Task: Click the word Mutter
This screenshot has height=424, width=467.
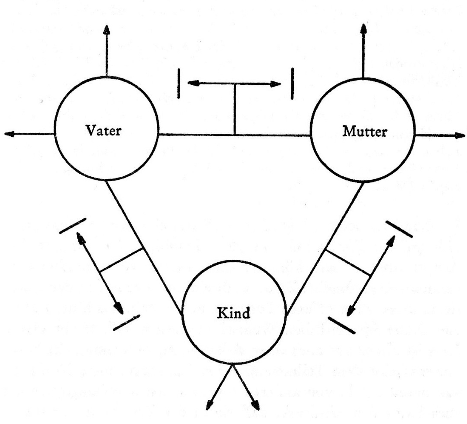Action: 365,131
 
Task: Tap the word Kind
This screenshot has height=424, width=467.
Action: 234,313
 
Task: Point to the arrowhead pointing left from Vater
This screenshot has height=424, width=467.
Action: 9,134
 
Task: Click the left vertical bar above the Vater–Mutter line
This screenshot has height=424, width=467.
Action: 179,83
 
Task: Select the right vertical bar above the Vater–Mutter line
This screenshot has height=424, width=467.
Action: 292,83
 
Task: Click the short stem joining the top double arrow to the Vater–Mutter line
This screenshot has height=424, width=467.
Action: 235,109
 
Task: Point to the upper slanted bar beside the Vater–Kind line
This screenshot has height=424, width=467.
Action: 72,225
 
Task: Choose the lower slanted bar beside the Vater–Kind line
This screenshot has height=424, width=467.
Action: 127,323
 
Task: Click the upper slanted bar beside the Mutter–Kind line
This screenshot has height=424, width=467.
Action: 399,229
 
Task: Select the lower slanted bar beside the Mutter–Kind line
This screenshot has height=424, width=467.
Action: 341,325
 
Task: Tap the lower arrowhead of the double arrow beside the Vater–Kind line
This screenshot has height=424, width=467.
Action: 119,307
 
